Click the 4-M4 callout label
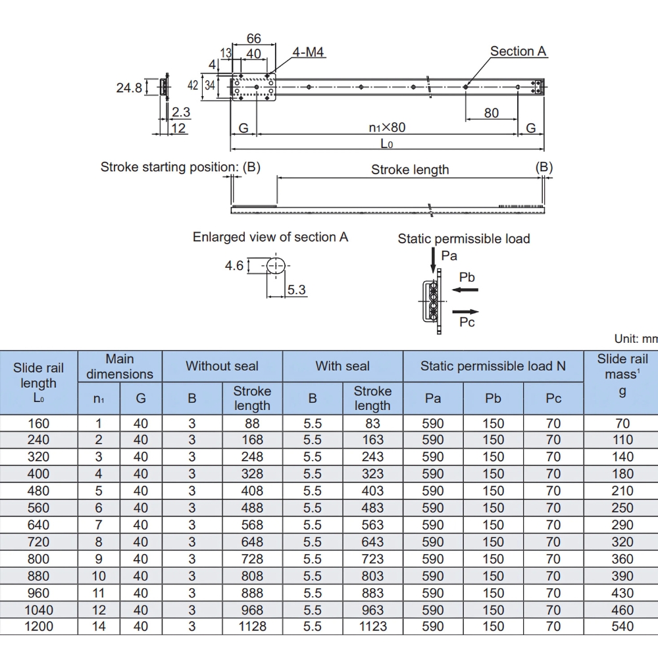(x=308, y=52)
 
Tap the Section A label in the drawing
(x=519, y=51)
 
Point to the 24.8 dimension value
(x=129, y=88)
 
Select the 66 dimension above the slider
(x=254, y=38)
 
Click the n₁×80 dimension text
(x=387, y=127)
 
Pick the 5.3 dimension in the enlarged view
(x=296, y=290)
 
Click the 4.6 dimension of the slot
(x=234, y=266)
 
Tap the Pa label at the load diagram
(x=449, y=255)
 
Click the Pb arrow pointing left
(x=465, y=290)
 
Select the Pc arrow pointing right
(x=465, y=312)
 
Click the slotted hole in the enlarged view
(x=276, y=266)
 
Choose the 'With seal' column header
(x=342, y=366)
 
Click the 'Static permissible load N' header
(x=493, y=366)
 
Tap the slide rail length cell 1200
(x=39, y=626)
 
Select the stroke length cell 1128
(x=252, y=626)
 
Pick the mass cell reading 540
(x=622, y=626)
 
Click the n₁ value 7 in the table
(x=99, y=524)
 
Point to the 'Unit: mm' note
(x=636, y=339)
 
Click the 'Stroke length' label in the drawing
(x=410, y=170)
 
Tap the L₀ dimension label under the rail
(x=386, y=143)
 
